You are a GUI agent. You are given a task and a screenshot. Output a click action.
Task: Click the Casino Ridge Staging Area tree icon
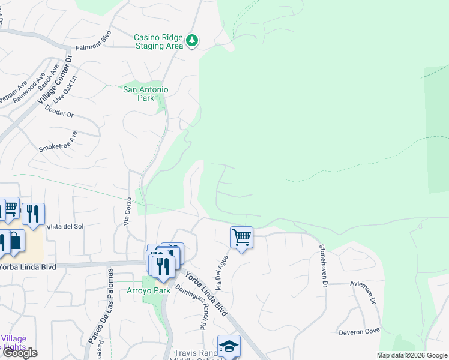pyautogui.click(x=192, y=41)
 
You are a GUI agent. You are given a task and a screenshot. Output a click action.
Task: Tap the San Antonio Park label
pyautogui.click(x=146, y=94)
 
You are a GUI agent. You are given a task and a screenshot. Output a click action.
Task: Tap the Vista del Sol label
pyautogui.click(x=64, y=226)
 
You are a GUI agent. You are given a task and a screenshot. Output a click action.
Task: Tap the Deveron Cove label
pyautogui.click(x=358, y=331)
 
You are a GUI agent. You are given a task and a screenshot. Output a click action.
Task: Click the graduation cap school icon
pyautogui.click(x=229, y=346)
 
